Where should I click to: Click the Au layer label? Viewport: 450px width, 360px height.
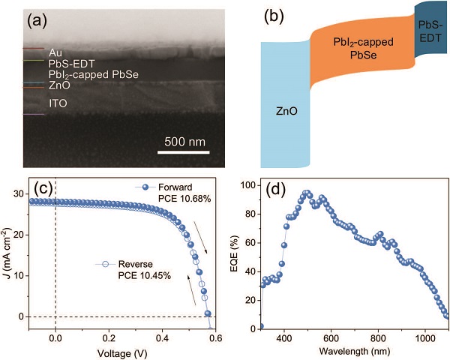pos(55,52)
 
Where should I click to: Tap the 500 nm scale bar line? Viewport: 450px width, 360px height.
pos(186,155)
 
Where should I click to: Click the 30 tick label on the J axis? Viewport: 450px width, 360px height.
pos(40,193)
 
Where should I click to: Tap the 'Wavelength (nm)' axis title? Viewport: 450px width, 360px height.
pos(354,351)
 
